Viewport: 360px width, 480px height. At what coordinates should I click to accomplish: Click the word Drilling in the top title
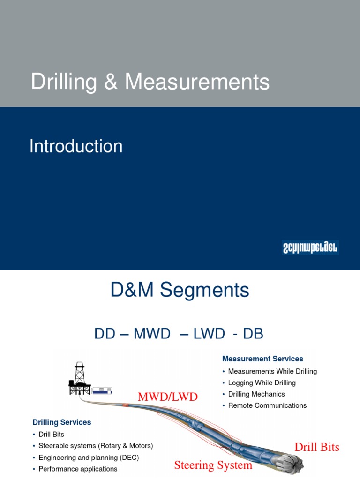tap(64, 82)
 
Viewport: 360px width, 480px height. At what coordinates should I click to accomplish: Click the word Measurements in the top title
tap(197, 82)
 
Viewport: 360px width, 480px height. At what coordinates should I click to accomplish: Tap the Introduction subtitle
tap(76, 146)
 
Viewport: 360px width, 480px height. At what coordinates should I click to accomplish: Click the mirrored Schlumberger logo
tap(310, 247)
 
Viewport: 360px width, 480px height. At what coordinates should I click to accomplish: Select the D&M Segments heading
tap(180, 291)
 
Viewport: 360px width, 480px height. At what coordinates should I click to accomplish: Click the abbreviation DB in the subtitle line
tap(253, 334)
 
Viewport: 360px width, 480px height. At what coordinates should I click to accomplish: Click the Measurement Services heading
tap(262, 359)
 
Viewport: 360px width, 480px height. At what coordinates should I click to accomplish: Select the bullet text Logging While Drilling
tap(262, 382)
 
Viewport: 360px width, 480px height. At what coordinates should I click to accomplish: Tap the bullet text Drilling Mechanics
tap(256, 394)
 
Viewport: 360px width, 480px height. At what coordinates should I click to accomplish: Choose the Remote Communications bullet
tap(267, 405)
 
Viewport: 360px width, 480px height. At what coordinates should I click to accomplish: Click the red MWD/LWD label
tap(168, 397)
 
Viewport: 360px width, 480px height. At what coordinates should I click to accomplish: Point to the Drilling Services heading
tap(62, 422)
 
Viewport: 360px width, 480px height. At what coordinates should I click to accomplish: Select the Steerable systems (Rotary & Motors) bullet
tap(96, 446)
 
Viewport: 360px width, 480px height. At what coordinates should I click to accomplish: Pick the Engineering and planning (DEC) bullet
tap(89, 457)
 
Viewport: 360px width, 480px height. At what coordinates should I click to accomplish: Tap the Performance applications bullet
tap(78, 469)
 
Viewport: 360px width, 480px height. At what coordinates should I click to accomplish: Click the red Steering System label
tap(213, 465)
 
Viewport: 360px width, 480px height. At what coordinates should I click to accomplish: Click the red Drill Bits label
tap(317, 447)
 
